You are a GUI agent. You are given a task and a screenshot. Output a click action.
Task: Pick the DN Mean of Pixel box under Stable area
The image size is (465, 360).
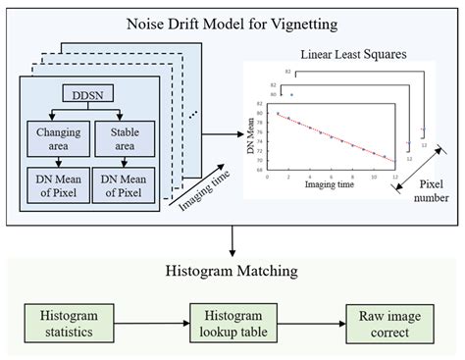[x=121, y=183]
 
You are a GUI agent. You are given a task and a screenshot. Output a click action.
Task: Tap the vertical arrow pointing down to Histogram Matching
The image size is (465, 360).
[x=231, y=239]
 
